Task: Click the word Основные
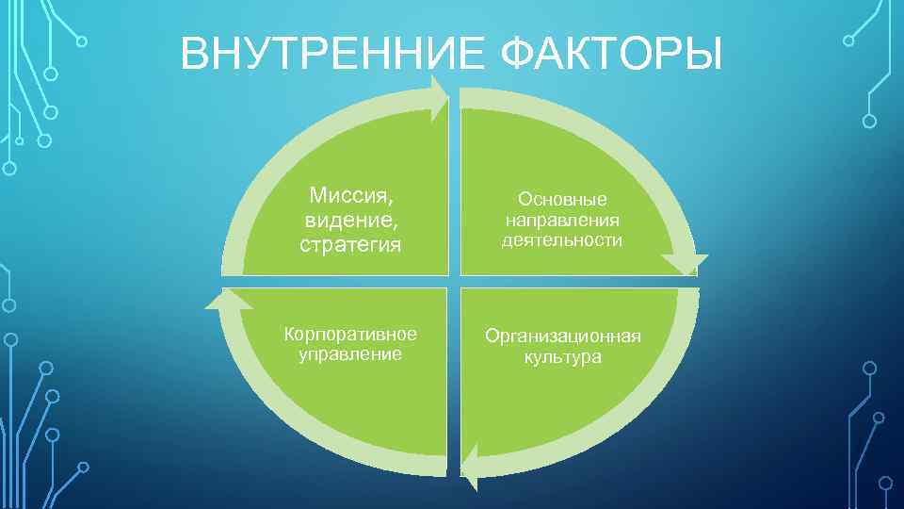coord(562,200)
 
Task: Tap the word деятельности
coord(562,240)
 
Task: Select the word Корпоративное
coord(350,336)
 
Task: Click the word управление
coord(350,355)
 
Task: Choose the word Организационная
coord(563,337)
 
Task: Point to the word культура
coord(563,358)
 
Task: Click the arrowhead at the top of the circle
coord(439,98)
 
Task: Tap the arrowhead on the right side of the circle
coord(678,265)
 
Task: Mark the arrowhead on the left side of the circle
coord(227,299)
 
